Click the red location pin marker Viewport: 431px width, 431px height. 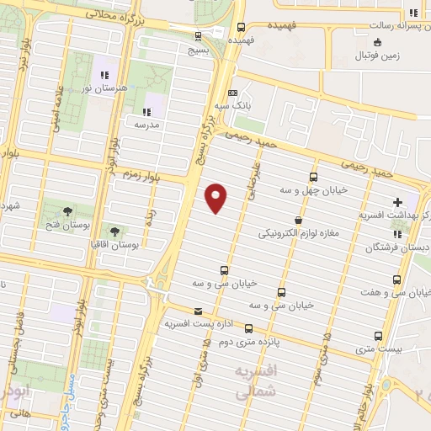click(x=216, y=197)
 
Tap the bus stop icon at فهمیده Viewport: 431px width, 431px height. click(x=242, y=27)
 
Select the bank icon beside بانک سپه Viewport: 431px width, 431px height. click(x=233, y=93)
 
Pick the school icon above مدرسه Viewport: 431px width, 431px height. click(x=146, y=111)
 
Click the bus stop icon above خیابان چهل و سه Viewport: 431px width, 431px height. click(x=313, y=177)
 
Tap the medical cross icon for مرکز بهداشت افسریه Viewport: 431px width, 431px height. click(x=396, y=202)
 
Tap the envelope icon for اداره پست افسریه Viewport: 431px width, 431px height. click(x=197, y=311)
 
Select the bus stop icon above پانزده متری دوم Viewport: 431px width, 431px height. click(x=248, y=328)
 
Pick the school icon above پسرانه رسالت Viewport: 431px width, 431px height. click(x=412, y=13)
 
